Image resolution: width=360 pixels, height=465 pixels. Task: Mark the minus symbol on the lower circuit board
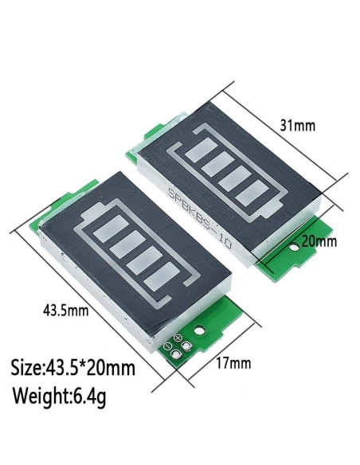[166, 346]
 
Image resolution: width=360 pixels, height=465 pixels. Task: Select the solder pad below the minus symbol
[175, 355]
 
